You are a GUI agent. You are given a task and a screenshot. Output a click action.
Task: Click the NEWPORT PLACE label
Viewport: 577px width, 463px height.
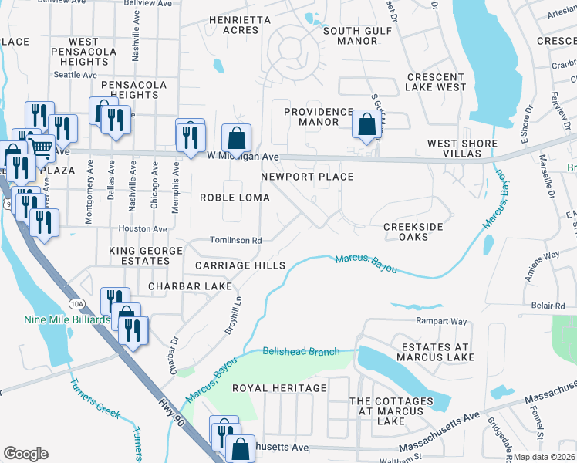pos(307,177)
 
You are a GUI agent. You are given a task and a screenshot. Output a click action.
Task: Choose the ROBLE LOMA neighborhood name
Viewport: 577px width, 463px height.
pos(235,198)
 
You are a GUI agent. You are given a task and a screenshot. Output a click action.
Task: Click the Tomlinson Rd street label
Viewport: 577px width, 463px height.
pos(236,241)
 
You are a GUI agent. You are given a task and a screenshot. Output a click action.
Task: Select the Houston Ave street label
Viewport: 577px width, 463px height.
pos(143,229)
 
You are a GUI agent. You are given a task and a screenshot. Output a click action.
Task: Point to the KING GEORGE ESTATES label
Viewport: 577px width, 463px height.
pos(146,257)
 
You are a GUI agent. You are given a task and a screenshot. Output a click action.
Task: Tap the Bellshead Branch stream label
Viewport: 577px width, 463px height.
pos(301,352)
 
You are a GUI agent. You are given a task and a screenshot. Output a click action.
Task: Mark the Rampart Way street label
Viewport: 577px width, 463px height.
pos(442,321)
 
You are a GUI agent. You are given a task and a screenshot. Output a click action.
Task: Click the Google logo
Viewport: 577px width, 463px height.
pos(25,453)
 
